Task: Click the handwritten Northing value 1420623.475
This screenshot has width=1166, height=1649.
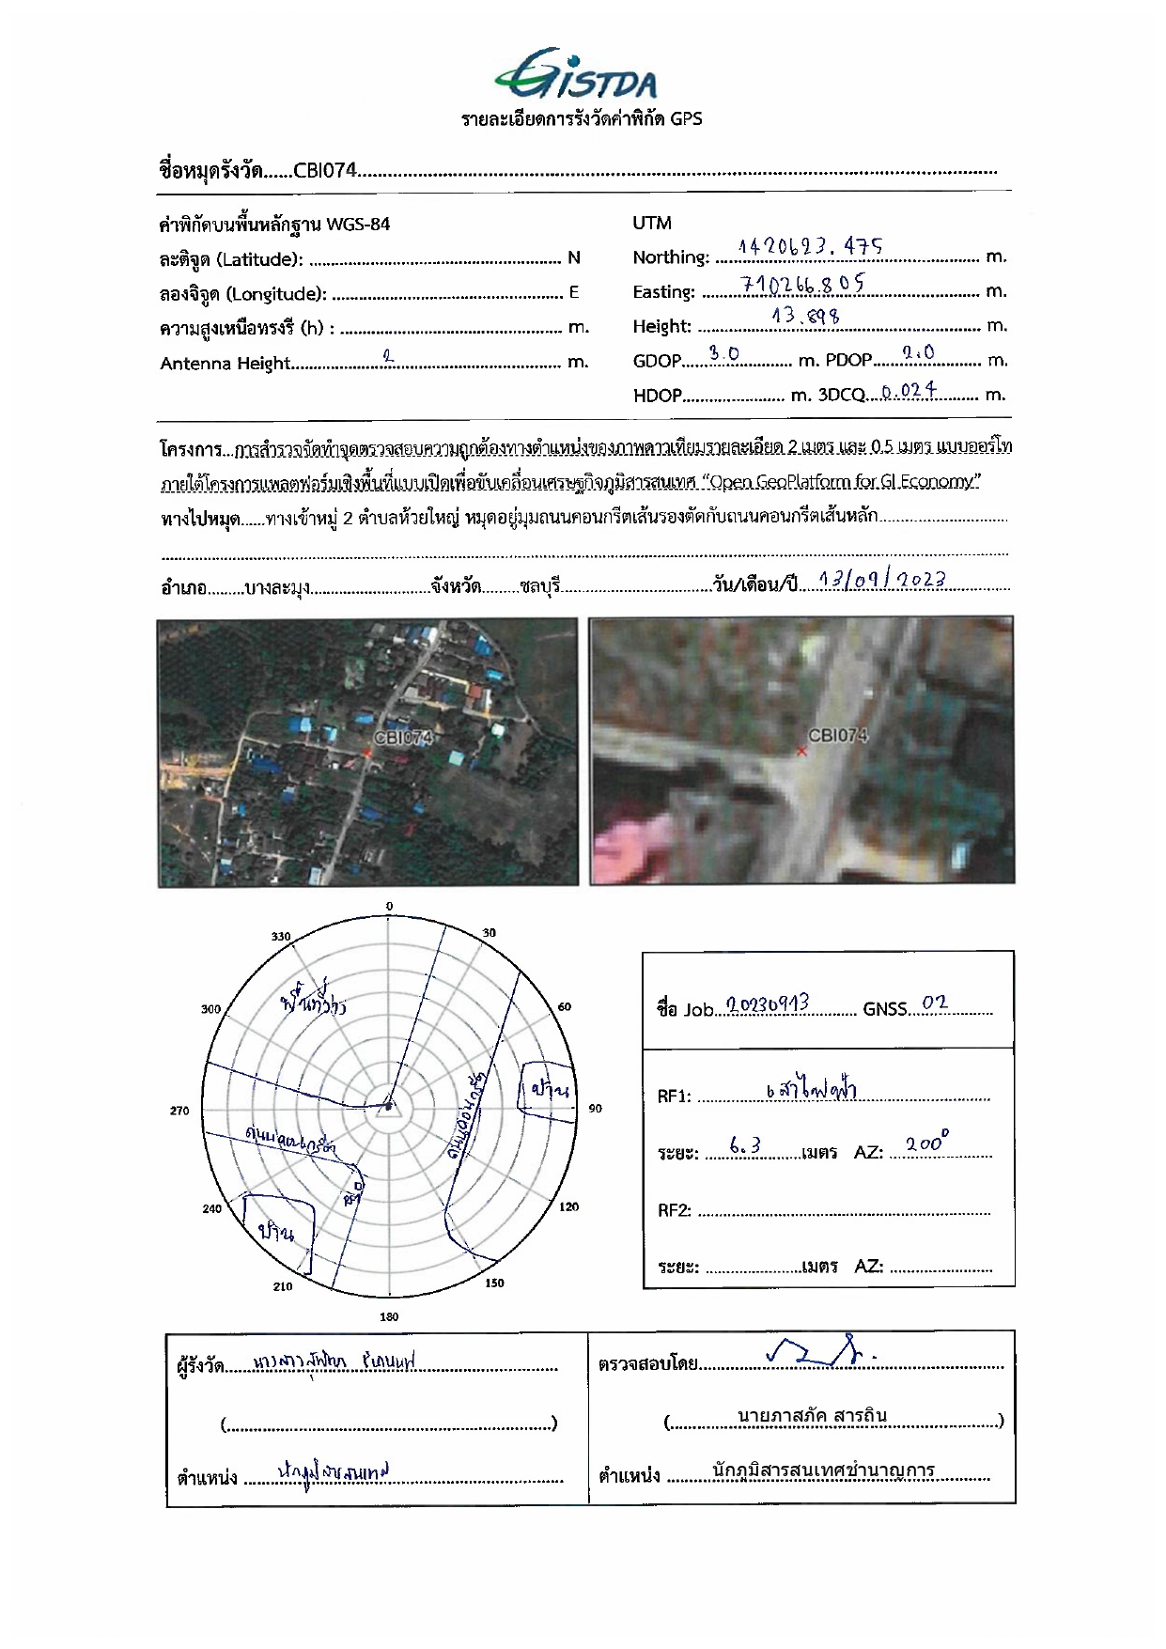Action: tap(810, 247)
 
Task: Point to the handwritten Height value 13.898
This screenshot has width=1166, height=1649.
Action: tap(805, 317)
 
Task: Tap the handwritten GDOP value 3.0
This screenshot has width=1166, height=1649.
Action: tap(723, 353)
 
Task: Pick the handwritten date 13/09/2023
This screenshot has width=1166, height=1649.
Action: tap(881, 580)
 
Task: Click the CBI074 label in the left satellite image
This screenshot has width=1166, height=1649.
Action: tap(403, 738)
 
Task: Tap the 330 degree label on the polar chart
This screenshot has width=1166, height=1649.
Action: tap(281, 937)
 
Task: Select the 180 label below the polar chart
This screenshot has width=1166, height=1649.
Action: tap(389, 1316)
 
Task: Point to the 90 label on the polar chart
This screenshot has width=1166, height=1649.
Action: tap(595, 1109)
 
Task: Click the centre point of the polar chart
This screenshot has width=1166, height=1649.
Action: tap(389, 1109)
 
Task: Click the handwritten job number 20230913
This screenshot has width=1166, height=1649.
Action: tap(768, 1005)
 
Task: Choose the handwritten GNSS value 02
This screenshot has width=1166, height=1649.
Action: tap(934, 1003)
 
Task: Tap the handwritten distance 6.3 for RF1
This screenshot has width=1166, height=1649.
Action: tap(744, 1146)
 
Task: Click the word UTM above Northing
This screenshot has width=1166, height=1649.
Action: tap(652, 223)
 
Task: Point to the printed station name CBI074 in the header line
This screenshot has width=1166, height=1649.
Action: tap(325, 171)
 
